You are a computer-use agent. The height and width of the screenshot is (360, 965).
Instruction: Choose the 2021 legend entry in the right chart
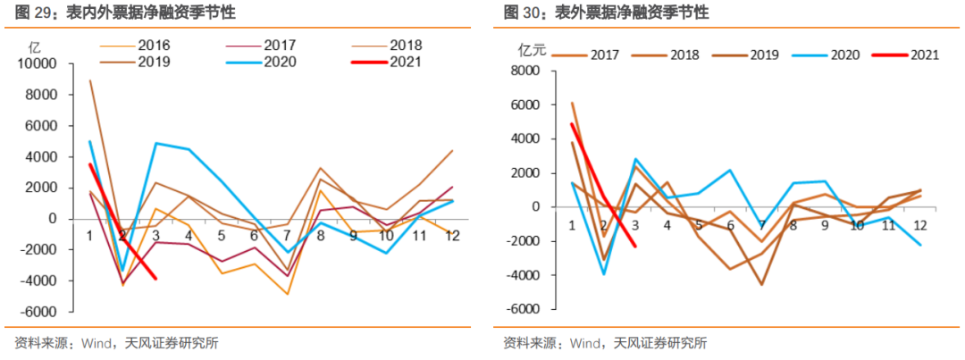click(925, 54)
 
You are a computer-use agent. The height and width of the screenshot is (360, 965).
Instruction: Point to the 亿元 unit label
click(532, 51)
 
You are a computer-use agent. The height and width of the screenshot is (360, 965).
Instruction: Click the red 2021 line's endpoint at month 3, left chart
click(156, 279)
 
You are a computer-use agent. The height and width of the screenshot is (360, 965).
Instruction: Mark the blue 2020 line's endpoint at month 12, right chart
click(920, 245)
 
